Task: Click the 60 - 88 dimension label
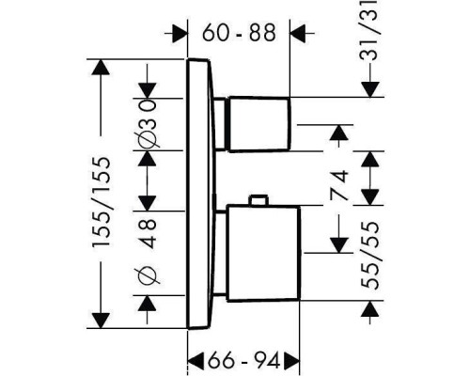[239, 33]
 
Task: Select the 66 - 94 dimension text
[243, 360]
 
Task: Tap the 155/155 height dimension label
[102, 202]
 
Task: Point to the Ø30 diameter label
[147, 123]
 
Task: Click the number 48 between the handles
[148, 233]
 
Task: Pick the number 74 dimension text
[339, 185]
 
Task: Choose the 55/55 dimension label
[370, 255]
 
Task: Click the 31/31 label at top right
[370, 30]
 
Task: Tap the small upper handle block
[258, 125]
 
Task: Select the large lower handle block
[263, 254]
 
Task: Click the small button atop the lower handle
[258, 200]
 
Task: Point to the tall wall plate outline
[187, 194]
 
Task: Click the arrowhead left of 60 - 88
[180, 33]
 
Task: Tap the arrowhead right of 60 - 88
[298, 33]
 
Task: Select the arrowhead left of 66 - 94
[196, 360]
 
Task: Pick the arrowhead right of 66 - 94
[292, 360]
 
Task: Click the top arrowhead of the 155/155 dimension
[101, 67]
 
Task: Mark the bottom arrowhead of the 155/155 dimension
[101, 321]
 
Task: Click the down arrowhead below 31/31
[370, 89]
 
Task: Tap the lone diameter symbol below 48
[148, 276]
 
